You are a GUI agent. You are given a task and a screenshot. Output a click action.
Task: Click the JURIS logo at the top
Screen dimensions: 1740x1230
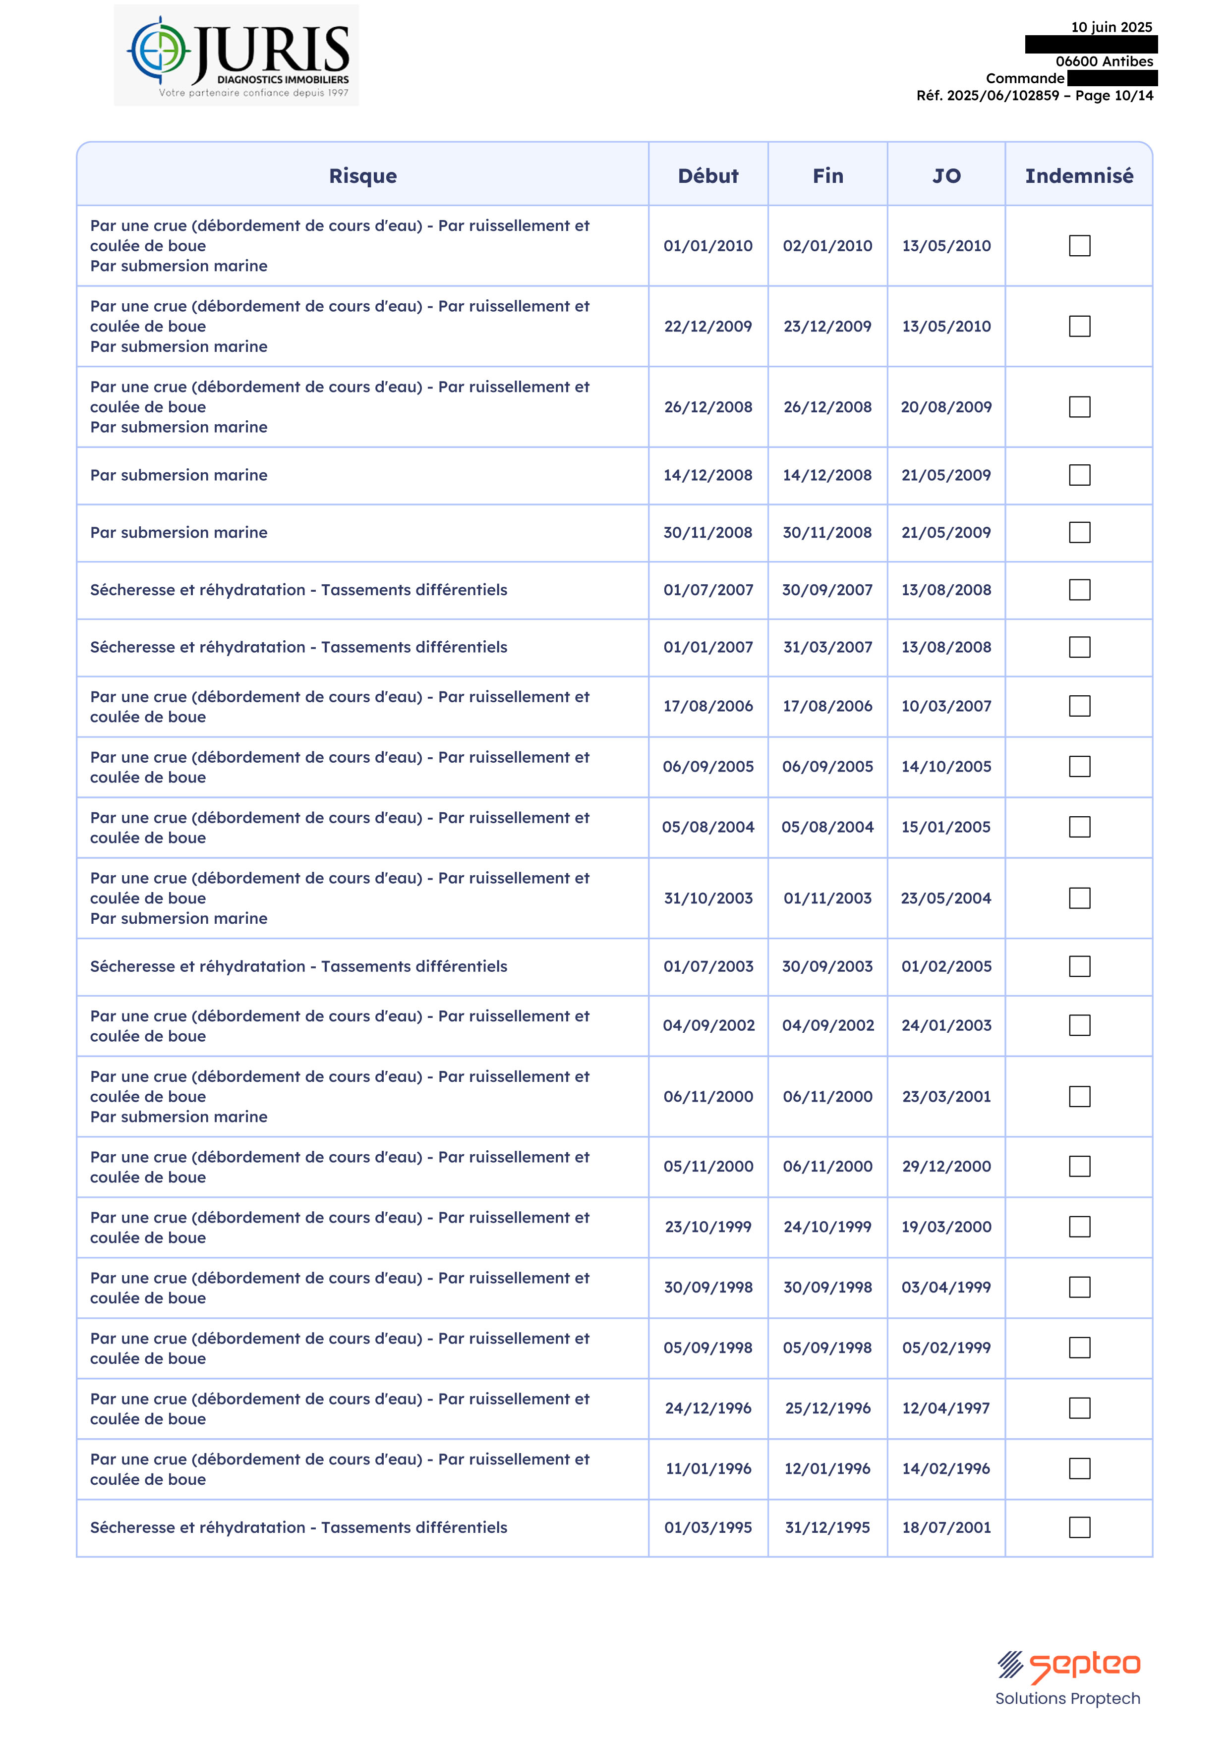[x=236, y=55]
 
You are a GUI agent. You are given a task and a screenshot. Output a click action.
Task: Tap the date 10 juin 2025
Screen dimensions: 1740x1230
[x=1111, y=27]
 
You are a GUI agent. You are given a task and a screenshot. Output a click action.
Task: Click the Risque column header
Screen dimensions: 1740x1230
[x=362, y=176]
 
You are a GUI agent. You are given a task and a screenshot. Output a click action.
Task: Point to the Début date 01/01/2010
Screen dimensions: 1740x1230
[x=707, y=245]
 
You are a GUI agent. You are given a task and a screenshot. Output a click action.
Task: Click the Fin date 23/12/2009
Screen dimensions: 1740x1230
[x=827, y=326]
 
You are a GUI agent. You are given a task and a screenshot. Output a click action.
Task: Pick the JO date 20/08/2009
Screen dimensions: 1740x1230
[x=945, y=407]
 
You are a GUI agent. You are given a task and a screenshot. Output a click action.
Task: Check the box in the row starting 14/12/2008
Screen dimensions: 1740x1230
[x=1079, y=475]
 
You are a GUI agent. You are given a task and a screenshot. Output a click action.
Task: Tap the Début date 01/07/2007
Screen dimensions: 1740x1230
[x=707, y=590]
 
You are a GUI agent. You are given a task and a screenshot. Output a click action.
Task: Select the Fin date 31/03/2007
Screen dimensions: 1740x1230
[x=827, y=647]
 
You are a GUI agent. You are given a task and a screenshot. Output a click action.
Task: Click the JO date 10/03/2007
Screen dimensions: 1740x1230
[x=945, y=706]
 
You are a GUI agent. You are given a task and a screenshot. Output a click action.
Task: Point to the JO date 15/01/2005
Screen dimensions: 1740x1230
[x=945, y=827]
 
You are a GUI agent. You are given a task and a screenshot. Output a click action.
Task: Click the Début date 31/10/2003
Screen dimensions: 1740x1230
[x=707, y=898]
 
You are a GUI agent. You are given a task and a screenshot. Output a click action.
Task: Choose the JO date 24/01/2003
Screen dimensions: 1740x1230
[x=945, y=1025]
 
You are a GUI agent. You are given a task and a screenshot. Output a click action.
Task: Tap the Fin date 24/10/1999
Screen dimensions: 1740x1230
[x=827, y=1227]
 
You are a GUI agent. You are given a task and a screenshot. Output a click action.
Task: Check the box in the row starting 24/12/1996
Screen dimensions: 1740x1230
[x=1079, y=1408]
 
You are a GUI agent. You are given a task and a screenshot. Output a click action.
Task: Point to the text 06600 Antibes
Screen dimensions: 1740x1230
[x=1104, y=61]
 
